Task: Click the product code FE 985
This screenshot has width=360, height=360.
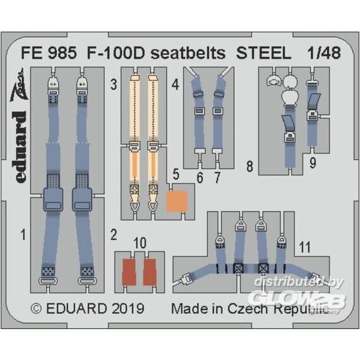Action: (49, 53)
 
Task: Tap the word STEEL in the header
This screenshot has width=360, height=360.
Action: (264, 53)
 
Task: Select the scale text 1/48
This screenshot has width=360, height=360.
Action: (324, 53)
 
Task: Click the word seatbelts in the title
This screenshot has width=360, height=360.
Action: (188, 53)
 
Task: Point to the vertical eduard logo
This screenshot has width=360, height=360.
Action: (21, 147)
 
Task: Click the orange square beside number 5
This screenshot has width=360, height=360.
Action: (177, 201)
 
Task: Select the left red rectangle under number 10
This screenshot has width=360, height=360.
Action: (129, 272)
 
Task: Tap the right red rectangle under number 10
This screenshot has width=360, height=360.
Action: (150, 272)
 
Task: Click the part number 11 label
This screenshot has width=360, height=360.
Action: (305, 248)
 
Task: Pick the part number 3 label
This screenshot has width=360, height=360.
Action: (114, 85)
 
